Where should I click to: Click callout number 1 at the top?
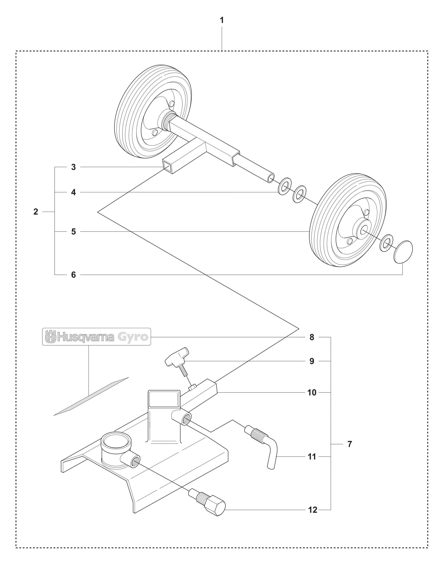221,20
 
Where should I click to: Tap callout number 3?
74,167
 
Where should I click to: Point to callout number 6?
74,275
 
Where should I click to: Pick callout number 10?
312,393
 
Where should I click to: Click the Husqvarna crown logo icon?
51,337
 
